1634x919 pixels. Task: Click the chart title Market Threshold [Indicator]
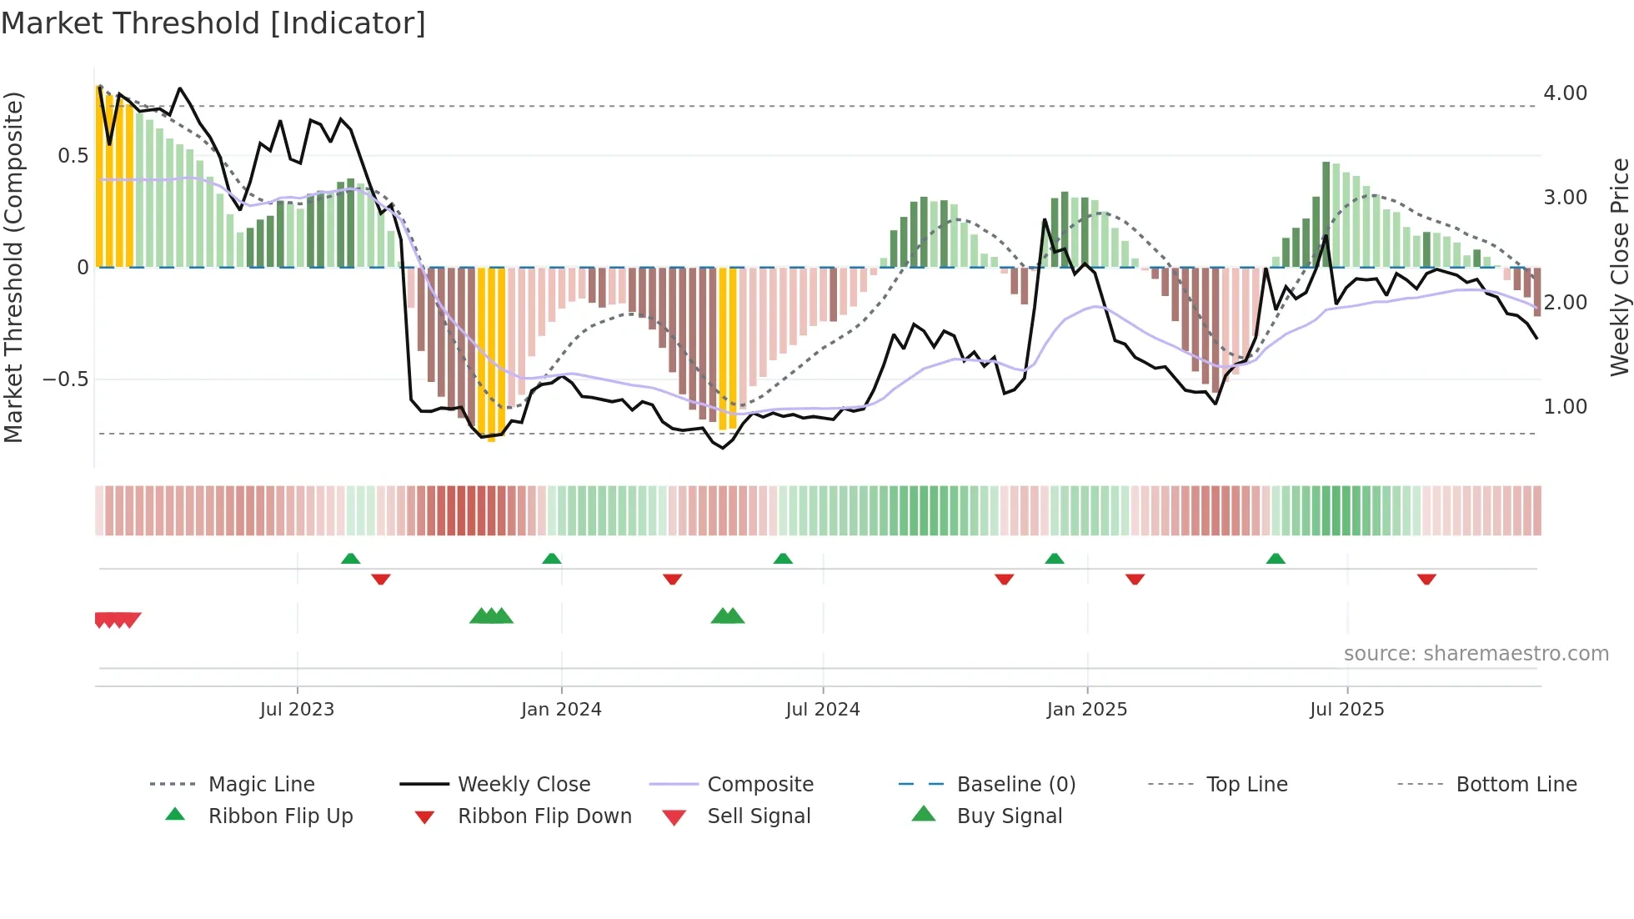click(213, 23)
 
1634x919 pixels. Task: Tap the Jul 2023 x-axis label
click(297, 709)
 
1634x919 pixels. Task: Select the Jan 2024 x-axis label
click(561, 709)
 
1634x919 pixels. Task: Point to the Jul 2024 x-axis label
click(823, 709)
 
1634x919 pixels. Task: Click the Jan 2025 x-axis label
click(1087, 709)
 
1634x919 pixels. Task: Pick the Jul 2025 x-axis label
click(1347, 709)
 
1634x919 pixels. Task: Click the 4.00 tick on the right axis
click(1565, 93)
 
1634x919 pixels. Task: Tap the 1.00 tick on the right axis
click(1565, 407)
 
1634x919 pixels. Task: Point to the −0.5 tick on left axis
click(66, 379)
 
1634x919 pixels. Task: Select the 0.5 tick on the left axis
click(73, 156)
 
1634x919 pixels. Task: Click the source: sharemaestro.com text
click(1476, 653)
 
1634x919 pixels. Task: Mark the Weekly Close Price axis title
click(1619, 267)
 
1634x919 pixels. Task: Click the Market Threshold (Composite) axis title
click(13, 267)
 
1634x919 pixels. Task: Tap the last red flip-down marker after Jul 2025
click(1426, 579)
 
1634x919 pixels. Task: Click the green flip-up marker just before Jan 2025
click(1055, 559)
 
